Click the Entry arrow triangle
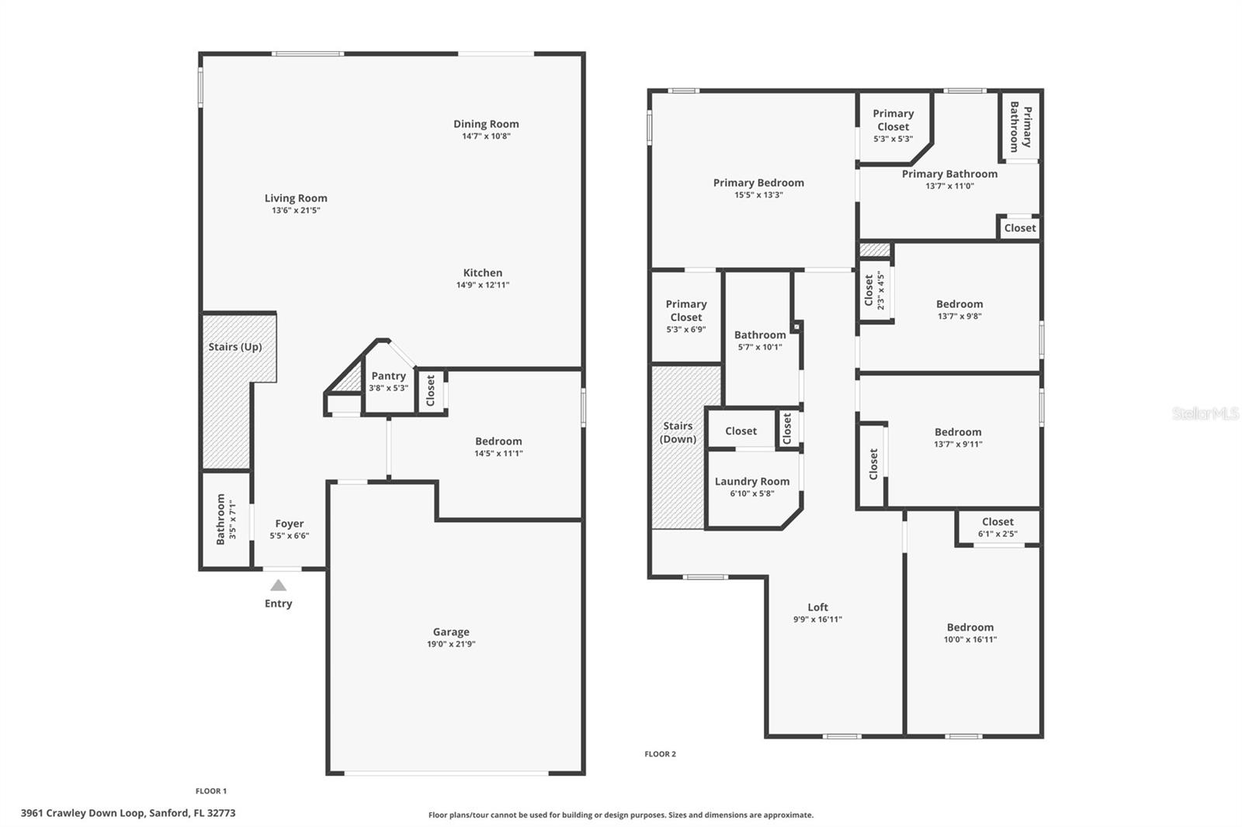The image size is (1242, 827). tap(278, 586)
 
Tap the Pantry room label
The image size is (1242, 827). tap(388, 376)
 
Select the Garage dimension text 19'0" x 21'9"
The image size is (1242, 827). tap(451, 644)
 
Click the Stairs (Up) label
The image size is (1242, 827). tap(235, 347)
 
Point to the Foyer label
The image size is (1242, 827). tap(290, 524)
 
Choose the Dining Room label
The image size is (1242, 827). tap(486, 124)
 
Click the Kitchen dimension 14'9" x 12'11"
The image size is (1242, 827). tap(483, 285)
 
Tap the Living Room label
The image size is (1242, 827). tap(296, 199)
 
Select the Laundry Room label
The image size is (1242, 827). tap(752, 482)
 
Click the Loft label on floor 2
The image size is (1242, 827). tap(817, 607)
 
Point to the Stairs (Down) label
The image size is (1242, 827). tap(678, 432)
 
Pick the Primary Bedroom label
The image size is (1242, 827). tap(758, 183)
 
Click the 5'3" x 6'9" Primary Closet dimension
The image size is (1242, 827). tap(686, 330)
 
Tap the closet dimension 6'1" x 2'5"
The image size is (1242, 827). tap(997, 534)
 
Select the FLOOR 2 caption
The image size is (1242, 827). tap(660, 754)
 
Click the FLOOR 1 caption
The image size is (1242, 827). tap(211, 791)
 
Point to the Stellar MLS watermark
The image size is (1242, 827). tap(1205, 413)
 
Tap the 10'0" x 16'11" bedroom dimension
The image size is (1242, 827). tap(970, 640)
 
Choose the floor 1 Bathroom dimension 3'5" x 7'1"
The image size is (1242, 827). tap(232, 520)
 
